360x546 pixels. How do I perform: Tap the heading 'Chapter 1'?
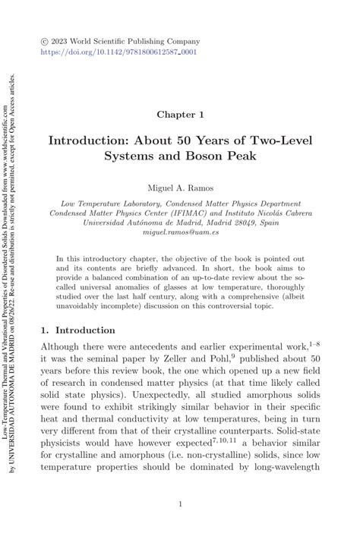coord(180,115)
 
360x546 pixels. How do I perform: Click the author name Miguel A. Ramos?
coord(180,186)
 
